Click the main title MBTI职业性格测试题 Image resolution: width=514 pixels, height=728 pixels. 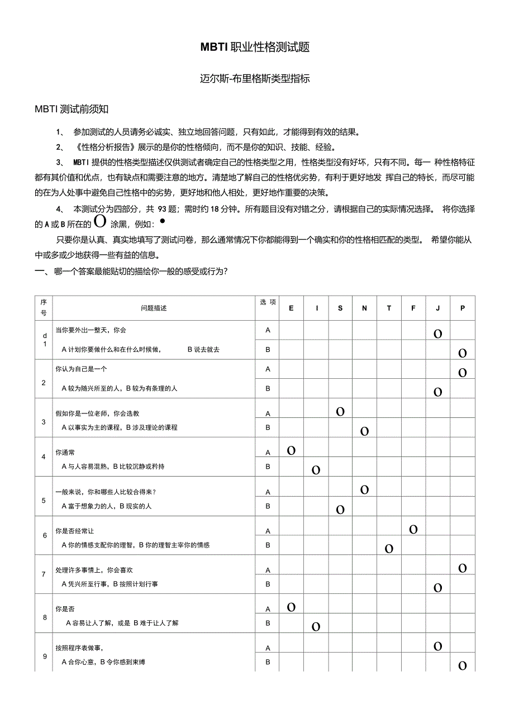pos(255,47)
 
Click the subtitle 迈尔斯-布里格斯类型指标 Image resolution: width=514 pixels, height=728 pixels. pos(255,79)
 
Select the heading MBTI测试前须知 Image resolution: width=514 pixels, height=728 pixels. pos(71,109)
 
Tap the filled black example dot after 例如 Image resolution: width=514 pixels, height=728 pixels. pos(162,221)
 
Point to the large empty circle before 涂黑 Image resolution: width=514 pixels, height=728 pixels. pos(101,221)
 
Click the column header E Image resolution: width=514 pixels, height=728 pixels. pos(291,308)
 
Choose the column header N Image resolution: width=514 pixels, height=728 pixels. pos(364,308)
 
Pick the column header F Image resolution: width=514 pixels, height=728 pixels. pos(413,308)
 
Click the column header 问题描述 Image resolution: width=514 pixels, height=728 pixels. pos(154,308)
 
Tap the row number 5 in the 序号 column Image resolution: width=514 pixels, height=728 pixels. pos(44,500)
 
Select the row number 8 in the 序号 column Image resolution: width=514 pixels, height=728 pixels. pos(44,617)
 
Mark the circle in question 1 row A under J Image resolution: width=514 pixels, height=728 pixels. pos(438,334)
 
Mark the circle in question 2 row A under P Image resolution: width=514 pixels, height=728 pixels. pos(463,372)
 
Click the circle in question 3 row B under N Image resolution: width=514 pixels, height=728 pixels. pos(364,431)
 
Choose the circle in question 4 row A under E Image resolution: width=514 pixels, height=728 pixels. pos(291,450)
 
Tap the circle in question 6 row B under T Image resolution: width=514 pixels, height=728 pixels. pos(389,549)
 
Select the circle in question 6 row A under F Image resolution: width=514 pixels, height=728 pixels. pos(413,529)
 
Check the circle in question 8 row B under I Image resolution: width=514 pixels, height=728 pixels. pos(316,626)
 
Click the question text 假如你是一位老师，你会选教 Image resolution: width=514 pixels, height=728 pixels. pos(97,413)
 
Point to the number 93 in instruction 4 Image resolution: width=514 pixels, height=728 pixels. pos(163,209)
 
